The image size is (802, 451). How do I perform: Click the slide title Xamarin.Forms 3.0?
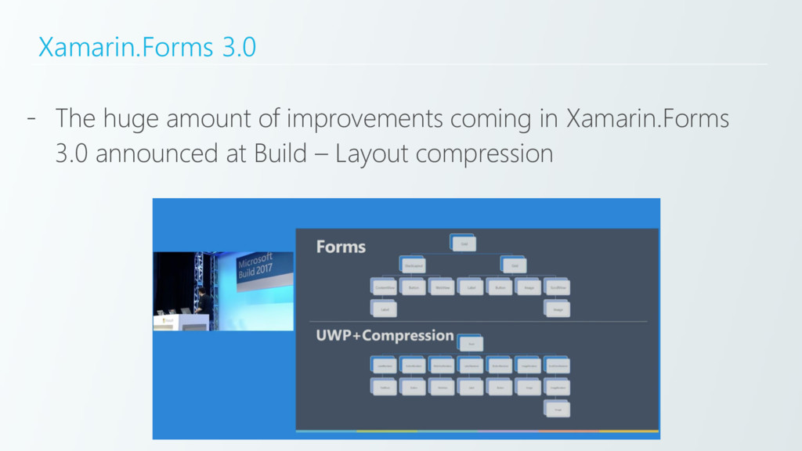pyautogui.click(x=147, y=49)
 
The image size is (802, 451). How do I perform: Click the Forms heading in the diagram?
pyautogui.click(x=341, y=247)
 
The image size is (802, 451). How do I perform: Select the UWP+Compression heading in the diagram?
pyautogui.click(x=385, y=335)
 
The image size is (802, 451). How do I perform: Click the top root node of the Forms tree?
pyautogui.click(x=463, y=244)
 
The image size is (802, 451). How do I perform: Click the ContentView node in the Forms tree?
pyautogui.click(x=384, y=287)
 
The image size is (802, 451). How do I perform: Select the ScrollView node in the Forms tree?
pyautogui.click(x=556, y=287)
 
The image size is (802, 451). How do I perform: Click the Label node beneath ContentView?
pyautogui.click(x=384, y=309)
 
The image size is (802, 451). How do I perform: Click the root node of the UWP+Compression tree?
pyautogui.click(x=471, y=343)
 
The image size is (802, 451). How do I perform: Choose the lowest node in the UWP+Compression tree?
pyautogui.click(x=556, y=408)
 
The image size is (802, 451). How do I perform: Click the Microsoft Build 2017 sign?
pyautogui.click(x=264, y=270)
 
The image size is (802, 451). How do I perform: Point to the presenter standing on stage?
pyautogui.click(x=201, y=301)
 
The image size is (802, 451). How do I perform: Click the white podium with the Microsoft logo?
pyautogui.click(x=167, y=321)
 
